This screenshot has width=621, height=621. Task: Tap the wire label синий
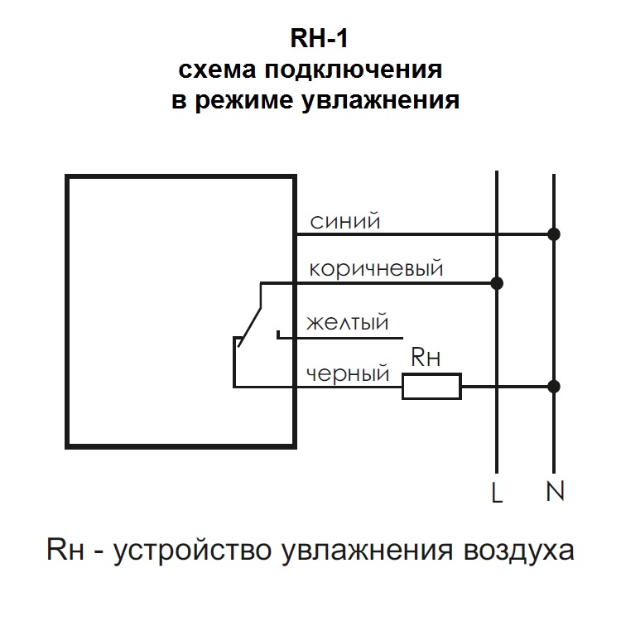(x=344, y=222)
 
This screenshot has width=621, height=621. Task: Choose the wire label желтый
(x=347, y=321)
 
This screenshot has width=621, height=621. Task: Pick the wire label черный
(x=348, y=374)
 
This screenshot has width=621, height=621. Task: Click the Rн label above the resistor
(x=426, y=358)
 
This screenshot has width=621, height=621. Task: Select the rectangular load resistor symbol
(x=431, y=386)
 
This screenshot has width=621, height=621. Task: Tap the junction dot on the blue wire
(x=554, y=234)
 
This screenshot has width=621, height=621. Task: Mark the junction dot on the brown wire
(x=497, y=283)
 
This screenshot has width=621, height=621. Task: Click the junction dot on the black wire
(x=554, y=386)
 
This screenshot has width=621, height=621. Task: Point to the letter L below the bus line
(x=497, y=493)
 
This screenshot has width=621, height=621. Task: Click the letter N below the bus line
(x=555, y=493)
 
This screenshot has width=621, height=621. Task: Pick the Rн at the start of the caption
(x=67, y=550)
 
